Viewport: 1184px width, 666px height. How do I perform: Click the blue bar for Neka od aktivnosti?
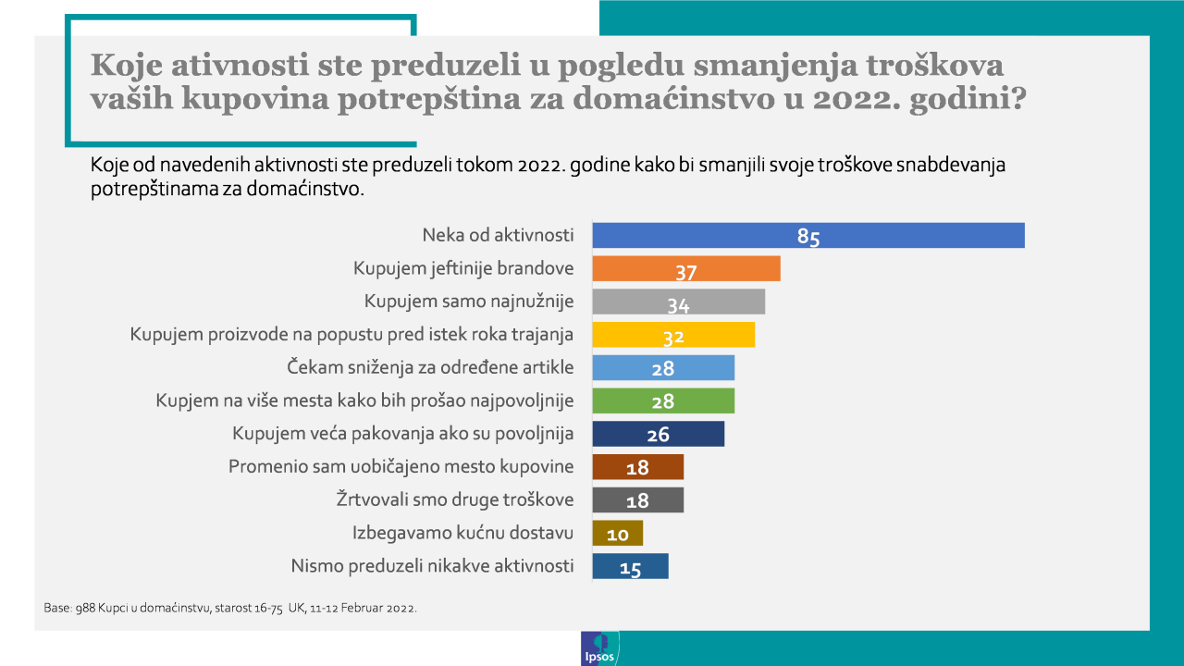tap(808, 236)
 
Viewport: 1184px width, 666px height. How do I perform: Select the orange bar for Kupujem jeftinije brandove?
tap(685, 269)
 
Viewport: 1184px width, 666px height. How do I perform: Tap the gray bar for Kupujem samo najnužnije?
tap(678, 302)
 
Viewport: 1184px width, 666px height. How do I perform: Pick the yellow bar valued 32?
tap(672, 335)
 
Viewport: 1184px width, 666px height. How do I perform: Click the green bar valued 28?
tap(662, 401)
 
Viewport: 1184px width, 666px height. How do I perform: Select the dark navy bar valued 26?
tap(658, 434)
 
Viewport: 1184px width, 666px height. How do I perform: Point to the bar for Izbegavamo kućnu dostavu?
tap(617, 533)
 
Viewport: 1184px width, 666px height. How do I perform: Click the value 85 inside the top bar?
tap(808, 237)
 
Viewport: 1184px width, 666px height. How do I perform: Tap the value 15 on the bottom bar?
tap(631, 568)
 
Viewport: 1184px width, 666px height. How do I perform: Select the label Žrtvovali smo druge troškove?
tap(454, 499)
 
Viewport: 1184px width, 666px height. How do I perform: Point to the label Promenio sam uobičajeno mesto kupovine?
tap(401, 466)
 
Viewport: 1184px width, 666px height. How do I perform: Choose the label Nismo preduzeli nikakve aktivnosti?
tap(432, 566)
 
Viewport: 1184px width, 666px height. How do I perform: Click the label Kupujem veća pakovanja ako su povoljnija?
tap(403, 433)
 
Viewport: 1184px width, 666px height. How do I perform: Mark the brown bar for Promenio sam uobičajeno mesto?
tap(637, 467)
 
